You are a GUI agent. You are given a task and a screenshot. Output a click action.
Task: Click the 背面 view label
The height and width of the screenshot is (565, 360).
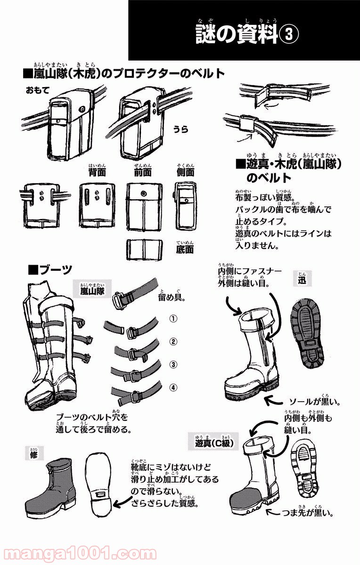(x=96, y=173)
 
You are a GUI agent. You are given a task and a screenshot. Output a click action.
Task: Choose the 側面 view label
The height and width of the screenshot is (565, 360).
(x=185, y=173)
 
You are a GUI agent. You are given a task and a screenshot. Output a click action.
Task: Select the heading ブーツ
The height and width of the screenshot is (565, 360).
(x=50, y=270)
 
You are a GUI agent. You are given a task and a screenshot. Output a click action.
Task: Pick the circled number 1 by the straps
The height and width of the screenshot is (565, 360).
(x=173, y=319)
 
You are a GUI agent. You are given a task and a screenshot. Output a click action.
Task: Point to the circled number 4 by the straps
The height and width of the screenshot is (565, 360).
(x=173, y=387)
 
